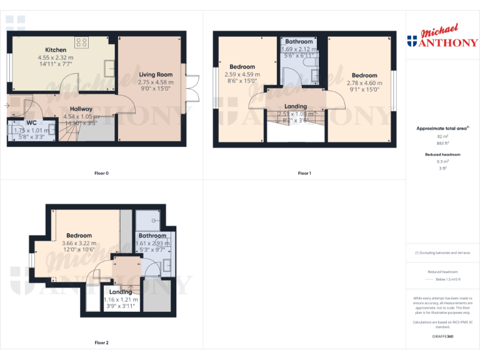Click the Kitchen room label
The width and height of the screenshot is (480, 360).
tap(56, 50)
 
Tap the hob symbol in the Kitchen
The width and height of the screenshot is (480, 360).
tap(82, 42)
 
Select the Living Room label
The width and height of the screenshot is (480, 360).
tap(156, 75)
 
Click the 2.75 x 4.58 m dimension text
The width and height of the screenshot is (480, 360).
tap(156, 82)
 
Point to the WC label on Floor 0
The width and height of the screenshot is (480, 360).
tap(31, 123)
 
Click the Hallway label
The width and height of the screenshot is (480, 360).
tap(81, 109)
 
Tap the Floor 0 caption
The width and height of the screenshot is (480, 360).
tap(101, 173)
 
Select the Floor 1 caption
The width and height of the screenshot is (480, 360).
tap(304, 173)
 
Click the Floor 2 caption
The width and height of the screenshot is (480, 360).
tap(101, 342)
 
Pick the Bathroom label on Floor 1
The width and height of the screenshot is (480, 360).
tap(299, 42)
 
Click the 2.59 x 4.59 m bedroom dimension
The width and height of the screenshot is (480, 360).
tap(242, 74)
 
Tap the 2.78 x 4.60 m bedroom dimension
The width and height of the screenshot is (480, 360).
tap(364, 82)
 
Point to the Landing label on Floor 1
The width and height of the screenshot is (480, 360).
tap(296, 107)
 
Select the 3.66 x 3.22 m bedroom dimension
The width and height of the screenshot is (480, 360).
tap(79, 243)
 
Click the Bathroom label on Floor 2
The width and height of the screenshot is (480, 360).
tap(152, 236)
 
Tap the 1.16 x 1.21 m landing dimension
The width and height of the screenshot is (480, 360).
tap(121, 300)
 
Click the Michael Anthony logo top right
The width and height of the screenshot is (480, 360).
tap(442, 37)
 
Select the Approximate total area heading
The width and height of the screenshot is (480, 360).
tap(442, 128)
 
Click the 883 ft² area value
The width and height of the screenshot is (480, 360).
tap(442, 143)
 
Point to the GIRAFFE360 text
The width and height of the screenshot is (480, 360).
tap(442, 337)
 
